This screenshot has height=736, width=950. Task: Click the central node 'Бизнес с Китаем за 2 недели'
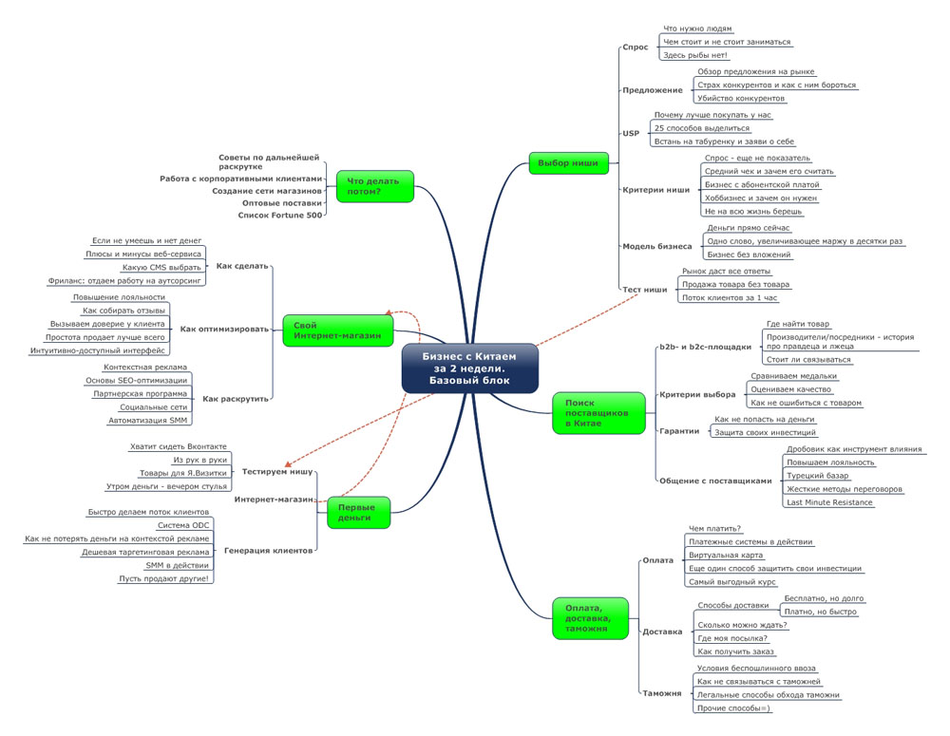click(469, 368)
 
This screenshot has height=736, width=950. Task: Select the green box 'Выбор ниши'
click(567, 163)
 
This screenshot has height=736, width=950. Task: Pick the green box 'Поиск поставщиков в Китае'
click(592, 413)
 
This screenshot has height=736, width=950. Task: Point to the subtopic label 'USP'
click(631, 134)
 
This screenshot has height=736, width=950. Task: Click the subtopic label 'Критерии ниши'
click(655, 190)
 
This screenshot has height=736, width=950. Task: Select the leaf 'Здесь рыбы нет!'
click(695, 55)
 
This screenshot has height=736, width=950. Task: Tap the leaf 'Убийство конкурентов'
click(741, 99)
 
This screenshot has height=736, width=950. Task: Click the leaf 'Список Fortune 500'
click(280, 216)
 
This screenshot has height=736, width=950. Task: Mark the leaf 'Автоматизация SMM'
click(147, 420)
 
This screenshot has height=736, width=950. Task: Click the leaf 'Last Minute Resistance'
click(829, 502)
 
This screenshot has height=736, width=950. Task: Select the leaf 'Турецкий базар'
click(817, 475)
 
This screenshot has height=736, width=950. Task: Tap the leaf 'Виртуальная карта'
click(726, 555)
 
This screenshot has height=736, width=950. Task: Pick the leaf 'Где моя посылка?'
click(732, 638)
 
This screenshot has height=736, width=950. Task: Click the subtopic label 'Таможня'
click(662, 694)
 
